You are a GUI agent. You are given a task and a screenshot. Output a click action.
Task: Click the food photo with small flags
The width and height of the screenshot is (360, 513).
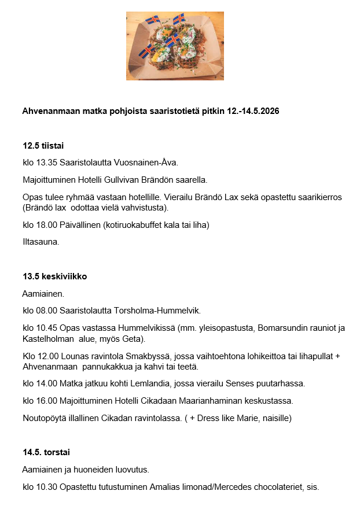pos(175,46)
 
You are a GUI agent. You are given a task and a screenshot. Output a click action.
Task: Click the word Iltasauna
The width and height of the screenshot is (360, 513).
pos(41,242)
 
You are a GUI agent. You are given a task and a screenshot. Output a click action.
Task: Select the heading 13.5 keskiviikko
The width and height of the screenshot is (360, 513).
pos(55,276)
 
